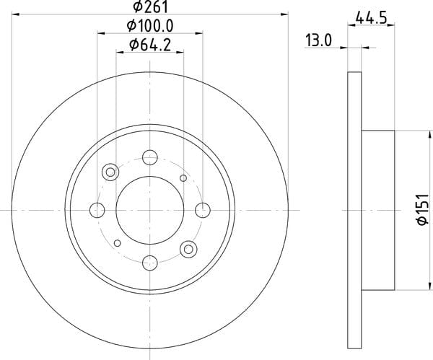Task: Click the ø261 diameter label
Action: click(151, 6)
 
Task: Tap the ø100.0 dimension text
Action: click(150, 26)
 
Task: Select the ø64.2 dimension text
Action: click(150, 45)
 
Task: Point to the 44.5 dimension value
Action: click(371, 18)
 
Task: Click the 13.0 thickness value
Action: click(318, 40)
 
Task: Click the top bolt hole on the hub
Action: click(150, 157)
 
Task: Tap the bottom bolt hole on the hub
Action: click(150, 263)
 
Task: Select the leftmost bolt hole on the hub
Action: click(97, 210)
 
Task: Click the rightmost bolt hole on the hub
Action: click(203, 210)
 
